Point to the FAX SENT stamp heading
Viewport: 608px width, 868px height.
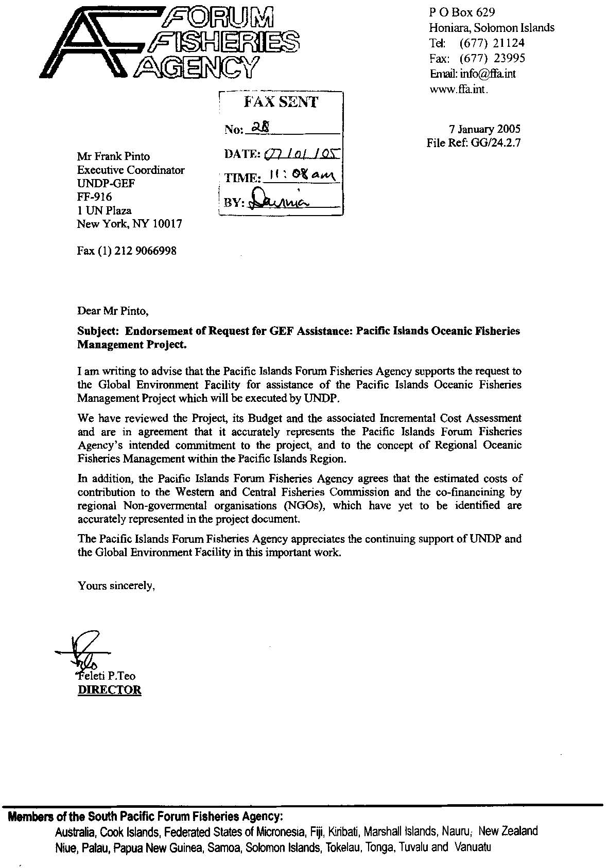tap(281, 102)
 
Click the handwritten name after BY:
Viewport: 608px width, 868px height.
tap(278, 201)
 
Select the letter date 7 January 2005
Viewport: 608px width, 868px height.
tap(484, 129)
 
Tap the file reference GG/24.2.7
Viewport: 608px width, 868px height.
tap(495, 143)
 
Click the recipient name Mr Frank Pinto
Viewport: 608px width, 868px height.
tap(113, 156)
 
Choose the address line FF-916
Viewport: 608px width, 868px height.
tap(94, 197)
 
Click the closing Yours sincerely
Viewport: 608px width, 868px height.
tap(116, 586)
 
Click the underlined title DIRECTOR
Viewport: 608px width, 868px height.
tap(109, 690)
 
